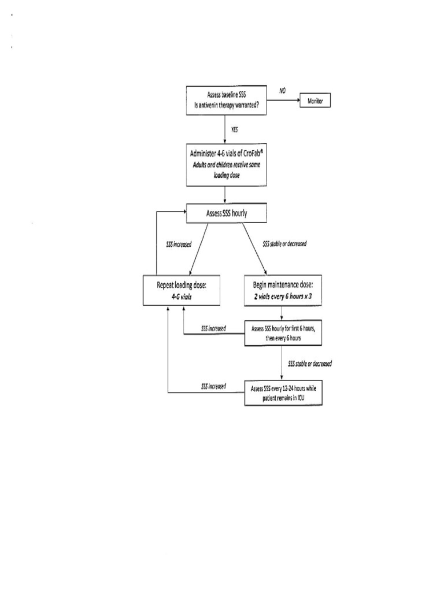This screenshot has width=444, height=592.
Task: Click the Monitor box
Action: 314,101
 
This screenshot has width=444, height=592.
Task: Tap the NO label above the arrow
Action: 283,90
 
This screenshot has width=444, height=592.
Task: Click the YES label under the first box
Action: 234,129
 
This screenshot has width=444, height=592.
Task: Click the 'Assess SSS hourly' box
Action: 227,213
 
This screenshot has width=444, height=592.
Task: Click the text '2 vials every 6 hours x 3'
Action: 282,295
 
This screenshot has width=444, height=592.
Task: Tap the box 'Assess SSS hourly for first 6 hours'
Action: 283,332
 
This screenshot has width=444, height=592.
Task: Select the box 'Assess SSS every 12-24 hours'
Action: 283,392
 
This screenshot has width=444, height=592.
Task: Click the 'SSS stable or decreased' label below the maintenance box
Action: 310,364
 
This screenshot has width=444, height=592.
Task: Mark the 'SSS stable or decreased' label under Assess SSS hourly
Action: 284,243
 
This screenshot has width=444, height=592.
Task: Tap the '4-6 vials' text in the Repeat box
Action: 182,295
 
